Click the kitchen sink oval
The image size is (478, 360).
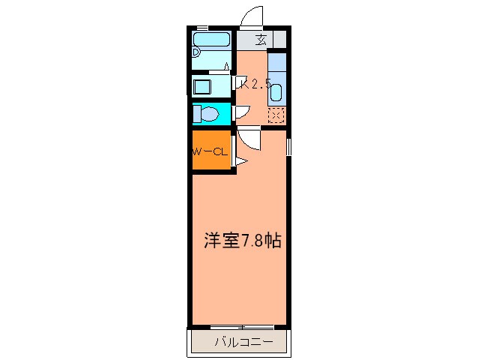click(x=275, y=94)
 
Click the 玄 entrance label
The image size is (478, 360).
click(x=261, y=40)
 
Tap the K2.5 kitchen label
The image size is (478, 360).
click(x=254, y=84)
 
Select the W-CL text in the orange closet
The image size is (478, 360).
click(x=209, y=152)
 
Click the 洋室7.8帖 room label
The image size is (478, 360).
click(x=243, y=241)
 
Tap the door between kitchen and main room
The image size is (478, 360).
click(x=249, y=139)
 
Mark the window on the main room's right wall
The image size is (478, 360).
click(x=288, y=148)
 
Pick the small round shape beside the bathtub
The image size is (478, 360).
click(x=196, y=52)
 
